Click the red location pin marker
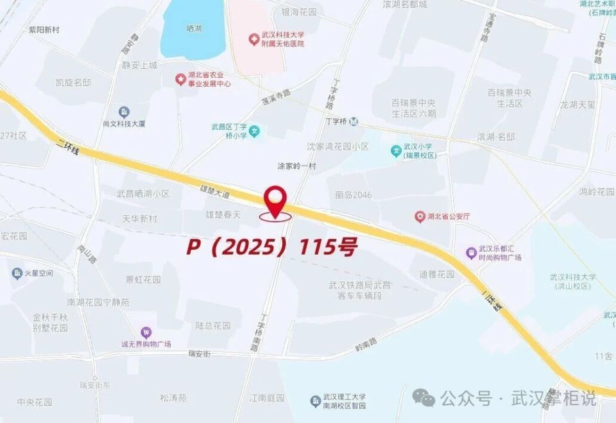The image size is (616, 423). [276, 200]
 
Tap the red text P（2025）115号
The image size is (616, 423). [271, 247]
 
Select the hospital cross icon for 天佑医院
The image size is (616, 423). [254, 40]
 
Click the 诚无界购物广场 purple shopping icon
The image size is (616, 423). [146, 332]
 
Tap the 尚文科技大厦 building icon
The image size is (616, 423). [124, 112]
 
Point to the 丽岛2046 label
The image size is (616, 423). [353, 195]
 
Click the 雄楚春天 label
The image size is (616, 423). [223, 214]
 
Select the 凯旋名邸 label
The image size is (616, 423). [73, 83]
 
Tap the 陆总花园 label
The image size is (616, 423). [213, 325]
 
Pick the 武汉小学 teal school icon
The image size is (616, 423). [396, 151]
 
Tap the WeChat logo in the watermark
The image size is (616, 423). [424, 397]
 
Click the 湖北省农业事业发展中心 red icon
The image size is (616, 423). [181, 79]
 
